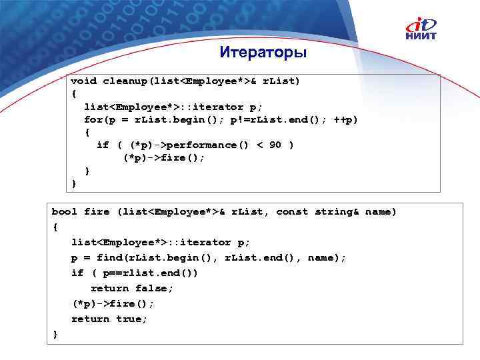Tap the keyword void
(84, 81)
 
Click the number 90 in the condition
(275, 145)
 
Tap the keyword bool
(65, 211)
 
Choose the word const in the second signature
(292, 211)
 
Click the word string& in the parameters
(337, 211)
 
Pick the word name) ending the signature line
(381, 211)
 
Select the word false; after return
(154, 288)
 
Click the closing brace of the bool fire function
(55, 334)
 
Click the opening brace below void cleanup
(74, 93)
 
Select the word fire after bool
(97, 211)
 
